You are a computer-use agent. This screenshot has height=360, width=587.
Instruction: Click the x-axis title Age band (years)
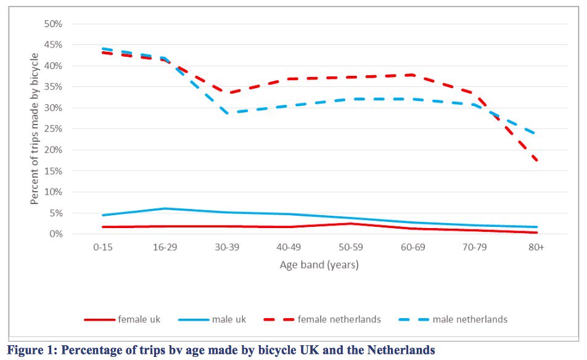coord(319,265)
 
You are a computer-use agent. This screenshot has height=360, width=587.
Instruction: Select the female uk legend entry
coord(138,319)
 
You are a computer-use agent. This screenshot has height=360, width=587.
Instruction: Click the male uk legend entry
coord(229,319)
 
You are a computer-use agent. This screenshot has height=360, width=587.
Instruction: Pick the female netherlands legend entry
coord(339,319)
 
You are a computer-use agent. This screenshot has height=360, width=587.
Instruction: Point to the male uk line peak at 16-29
coord(165,208)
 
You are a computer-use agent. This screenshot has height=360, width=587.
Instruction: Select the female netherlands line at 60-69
coord(413,75)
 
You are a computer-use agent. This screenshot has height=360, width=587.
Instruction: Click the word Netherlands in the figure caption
coord(401,351)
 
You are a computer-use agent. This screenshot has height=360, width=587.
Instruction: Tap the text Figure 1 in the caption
coord(30,351)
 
